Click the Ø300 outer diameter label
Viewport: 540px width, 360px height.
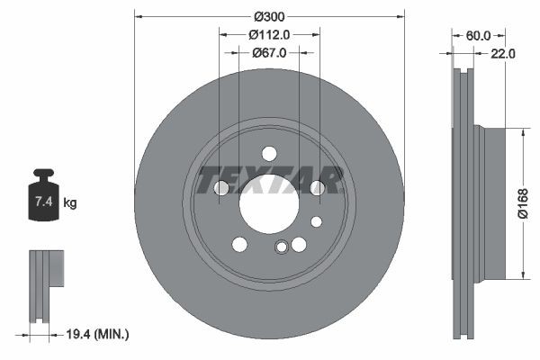(x=269, y=17)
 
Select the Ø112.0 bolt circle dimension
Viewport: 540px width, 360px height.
(x=269, y=35)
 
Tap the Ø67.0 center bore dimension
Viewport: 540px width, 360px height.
(x=269, y=53)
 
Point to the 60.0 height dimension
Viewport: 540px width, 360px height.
(x=477, y=36)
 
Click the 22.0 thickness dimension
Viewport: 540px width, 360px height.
(x=502, y=54)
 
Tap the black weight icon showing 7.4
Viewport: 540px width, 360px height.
(x=43, y=195)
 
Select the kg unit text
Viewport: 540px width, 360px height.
(x=70, y=203)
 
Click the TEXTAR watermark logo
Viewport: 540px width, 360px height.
(x=269, y=180)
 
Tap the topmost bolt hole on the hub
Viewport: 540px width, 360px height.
(x=269, y=153)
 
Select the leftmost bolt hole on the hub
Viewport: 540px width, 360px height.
(x=221, y=187)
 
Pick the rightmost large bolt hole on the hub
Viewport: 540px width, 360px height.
(x=317, y=187)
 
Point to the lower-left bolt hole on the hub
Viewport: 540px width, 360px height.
(x=239, y=244)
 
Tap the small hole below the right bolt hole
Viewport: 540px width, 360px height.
(x=316, y=221)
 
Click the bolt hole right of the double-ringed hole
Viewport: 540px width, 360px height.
(x=299, y=244)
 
